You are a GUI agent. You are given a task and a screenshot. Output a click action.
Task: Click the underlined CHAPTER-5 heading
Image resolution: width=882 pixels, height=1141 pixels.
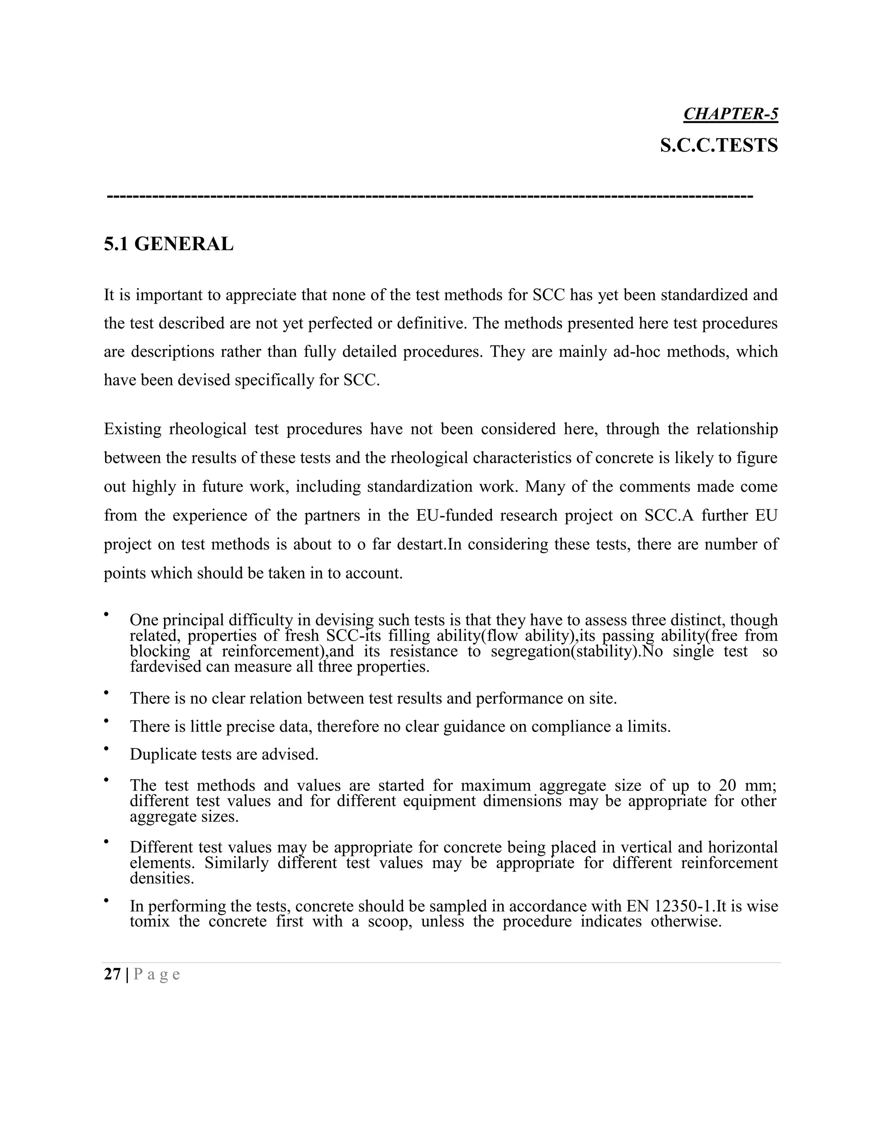730,114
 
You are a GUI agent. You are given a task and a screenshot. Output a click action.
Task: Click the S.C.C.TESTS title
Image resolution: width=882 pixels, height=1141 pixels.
718,145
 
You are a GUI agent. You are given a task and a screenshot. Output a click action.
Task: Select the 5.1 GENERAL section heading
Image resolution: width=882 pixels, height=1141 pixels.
168,244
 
